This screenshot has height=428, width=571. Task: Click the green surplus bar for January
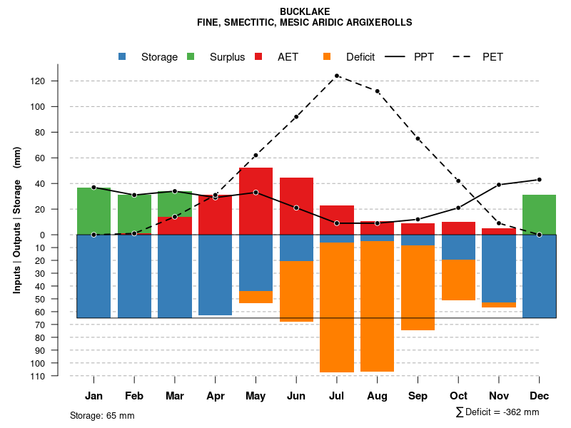[94, 211]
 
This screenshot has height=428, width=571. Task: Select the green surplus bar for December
[539, 215]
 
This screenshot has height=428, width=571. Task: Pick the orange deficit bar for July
[337, 307]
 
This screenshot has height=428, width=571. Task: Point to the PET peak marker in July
[337, 76]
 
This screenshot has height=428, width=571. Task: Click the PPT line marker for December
[539, 180]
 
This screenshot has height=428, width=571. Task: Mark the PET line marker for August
[377, 91]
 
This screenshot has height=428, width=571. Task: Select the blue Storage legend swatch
[122, 56]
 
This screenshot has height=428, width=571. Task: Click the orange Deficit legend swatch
[327, 56]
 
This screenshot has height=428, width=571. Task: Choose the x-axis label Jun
[296, 396]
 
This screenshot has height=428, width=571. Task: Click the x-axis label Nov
[499, 396]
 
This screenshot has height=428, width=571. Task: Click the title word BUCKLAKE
[305, 12]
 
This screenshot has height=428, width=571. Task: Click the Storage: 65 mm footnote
[102, 415]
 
